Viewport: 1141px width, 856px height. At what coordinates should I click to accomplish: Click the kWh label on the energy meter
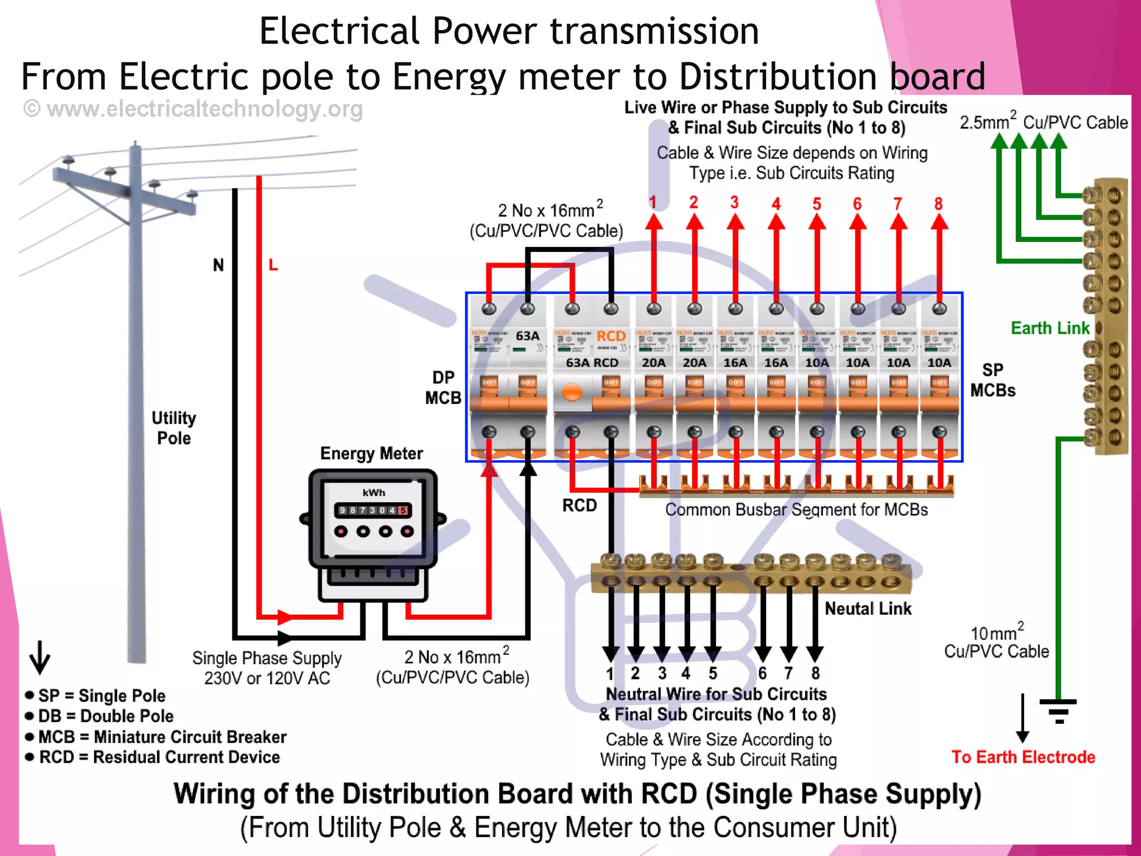373,493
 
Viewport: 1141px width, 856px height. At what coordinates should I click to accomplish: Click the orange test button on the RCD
572,392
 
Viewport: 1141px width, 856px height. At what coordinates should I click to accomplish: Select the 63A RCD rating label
592,363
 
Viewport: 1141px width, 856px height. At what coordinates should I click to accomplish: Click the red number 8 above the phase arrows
939,204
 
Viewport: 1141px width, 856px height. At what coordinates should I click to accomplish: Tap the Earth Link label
1050,328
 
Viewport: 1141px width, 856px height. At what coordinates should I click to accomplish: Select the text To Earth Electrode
1023,757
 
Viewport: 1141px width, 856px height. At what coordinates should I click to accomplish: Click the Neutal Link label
867,609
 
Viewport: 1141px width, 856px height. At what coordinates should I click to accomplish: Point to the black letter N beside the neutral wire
218,265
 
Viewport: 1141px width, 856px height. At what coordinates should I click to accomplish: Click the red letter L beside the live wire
273,265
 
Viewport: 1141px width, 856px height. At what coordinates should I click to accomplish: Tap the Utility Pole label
174,428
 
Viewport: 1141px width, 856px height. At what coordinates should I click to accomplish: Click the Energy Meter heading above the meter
371,454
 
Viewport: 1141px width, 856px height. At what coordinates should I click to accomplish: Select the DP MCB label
443,388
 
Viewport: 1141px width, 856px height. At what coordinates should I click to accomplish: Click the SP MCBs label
992,380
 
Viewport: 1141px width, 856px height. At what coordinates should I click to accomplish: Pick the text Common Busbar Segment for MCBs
796,510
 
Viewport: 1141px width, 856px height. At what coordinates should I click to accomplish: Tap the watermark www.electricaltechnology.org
193,109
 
